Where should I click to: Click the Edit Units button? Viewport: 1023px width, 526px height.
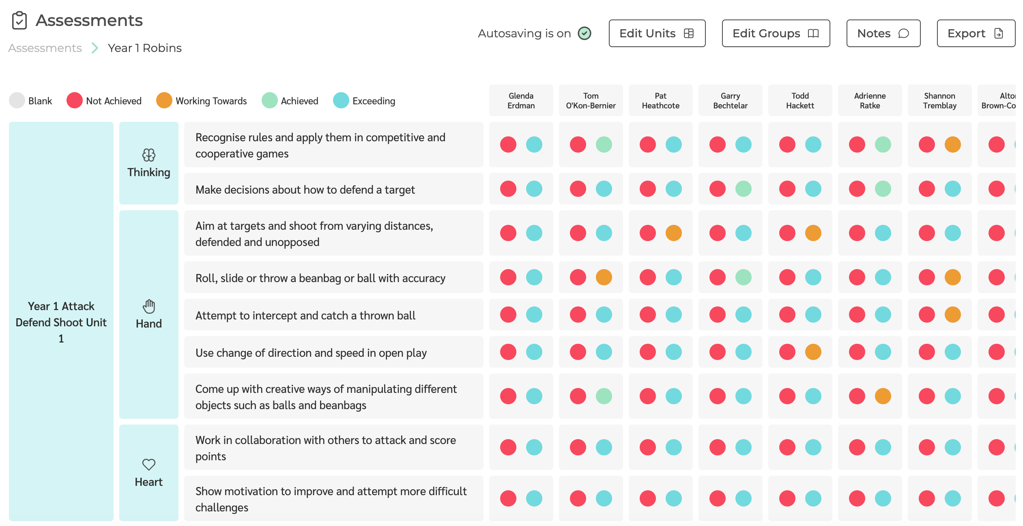point(657,33)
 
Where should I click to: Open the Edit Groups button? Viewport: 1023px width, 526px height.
point(776,33)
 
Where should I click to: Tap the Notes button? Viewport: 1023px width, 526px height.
point(883,33)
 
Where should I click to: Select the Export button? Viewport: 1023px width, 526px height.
point(976,33)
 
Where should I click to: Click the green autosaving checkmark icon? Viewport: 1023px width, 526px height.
point(585,33)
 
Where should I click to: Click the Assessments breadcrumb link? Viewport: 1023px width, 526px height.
point(45,48)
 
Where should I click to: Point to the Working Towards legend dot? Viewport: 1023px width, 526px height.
point(164,101)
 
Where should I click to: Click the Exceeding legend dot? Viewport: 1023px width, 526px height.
point(341,101)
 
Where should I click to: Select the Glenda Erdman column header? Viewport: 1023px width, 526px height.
point(521,101)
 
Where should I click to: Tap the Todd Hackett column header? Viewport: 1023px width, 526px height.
point(800,101)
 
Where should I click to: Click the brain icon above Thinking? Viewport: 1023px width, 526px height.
point(148,155)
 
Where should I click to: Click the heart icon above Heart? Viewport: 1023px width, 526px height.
point(148,464)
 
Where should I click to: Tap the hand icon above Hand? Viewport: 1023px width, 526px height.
point(148,306)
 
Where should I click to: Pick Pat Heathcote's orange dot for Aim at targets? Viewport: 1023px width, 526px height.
point(673,233)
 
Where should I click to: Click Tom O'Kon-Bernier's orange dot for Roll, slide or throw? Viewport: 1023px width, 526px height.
point(604,277)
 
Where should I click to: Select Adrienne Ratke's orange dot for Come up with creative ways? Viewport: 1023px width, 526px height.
point(883,396)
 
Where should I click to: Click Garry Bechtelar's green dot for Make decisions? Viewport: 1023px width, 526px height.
point(743,189)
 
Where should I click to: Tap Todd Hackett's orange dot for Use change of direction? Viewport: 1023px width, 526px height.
point(813,352)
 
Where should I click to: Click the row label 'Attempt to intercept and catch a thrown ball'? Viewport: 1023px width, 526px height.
point(305,315)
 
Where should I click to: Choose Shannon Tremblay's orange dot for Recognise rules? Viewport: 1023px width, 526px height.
point(952,144)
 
